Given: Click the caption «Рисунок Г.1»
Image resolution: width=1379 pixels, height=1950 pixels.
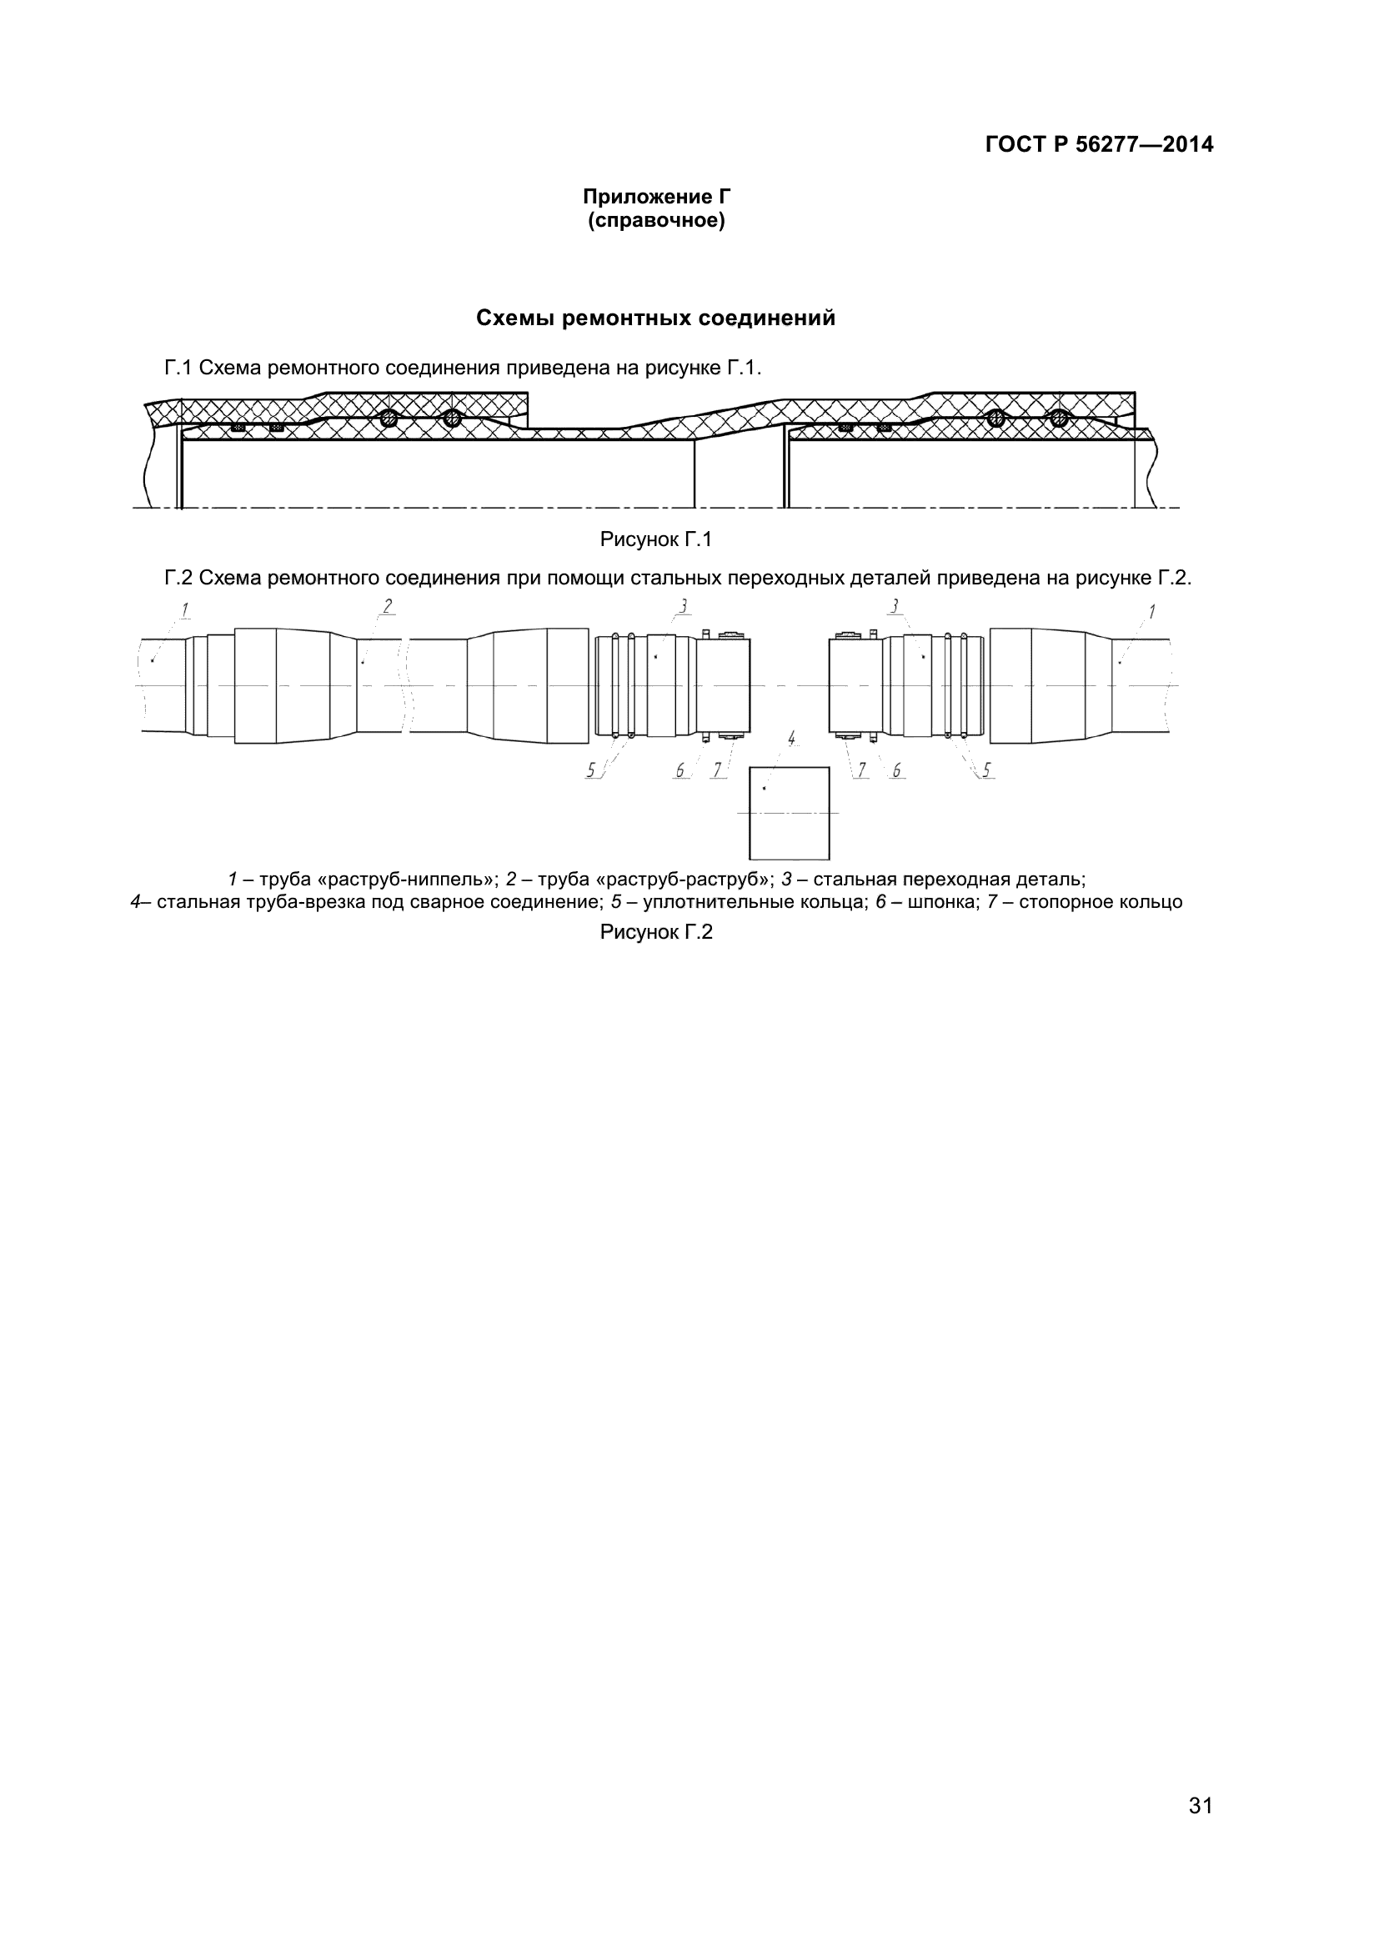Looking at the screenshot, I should [655, 539].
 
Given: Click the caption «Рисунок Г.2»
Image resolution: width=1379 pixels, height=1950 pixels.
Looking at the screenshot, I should [655, 932].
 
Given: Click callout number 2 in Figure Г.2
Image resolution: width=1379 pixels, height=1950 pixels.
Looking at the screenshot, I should [387, 606].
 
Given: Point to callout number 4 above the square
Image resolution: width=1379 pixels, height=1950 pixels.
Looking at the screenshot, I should [791, 738].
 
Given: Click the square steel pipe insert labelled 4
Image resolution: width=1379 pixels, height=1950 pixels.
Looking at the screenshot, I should [789, 813].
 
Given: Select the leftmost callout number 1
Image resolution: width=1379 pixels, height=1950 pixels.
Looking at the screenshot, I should [184, 609].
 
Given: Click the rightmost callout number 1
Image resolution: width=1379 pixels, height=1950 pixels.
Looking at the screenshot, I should [1151, 611].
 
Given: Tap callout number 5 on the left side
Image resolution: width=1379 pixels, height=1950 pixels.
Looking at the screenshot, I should [591, 770].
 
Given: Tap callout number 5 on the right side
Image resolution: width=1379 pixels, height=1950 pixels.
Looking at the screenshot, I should [987, 770].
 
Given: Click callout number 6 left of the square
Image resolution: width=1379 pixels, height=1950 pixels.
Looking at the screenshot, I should [680, 770].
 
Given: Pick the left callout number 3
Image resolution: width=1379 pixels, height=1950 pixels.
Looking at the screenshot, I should [684, 606].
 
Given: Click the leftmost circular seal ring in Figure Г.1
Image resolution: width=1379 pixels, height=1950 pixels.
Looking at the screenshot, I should [388, 418].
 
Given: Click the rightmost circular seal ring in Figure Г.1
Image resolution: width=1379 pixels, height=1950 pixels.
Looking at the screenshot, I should [1058, 418].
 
